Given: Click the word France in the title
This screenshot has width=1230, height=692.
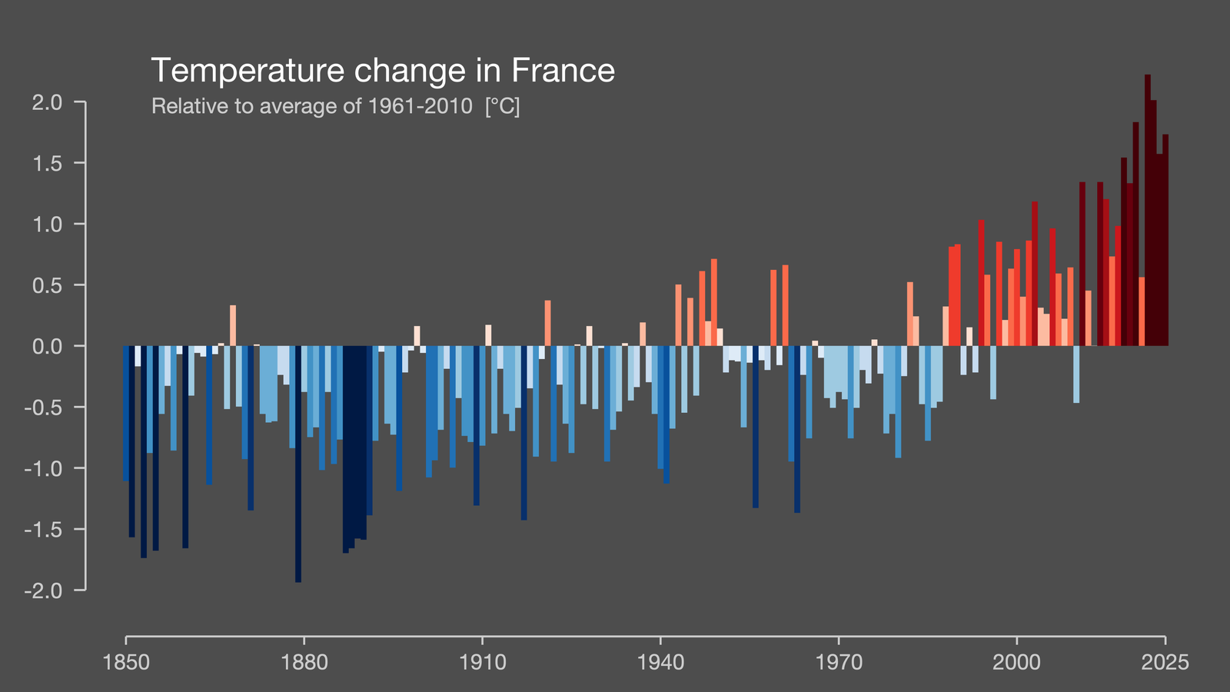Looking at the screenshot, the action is (x=563, y=70).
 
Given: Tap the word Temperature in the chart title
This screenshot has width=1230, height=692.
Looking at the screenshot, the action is (x=248, y=72).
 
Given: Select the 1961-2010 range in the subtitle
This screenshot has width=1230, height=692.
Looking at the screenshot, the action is (x=420, y=106).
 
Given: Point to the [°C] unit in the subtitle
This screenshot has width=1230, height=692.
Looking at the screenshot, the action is (x=503, y=106).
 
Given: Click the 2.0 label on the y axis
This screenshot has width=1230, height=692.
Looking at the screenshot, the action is (x=47, y=102).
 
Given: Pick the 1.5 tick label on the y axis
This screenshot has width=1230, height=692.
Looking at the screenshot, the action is (x=47, y=163).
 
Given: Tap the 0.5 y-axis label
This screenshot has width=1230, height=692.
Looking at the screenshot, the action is (x=47, y=285).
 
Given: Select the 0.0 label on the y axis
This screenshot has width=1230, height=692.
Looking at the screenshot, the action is (x=47, y=346).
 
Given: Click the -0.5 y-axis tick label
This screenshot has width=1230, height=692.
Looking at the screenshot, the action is (x=43, y=408).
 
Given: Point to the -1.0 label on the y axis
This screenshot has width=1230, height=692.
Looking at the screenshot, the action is (x=43, y=468).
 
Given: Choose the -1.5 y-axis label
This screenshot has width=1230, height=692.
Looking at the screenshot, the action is (x=43, y=530).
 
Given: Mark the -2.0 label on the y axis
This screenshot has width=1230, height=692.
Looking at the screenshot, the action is (x=43, y=591).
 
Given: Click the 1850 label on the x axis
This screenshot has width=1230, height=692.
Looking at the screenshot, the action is (x=126, y=662).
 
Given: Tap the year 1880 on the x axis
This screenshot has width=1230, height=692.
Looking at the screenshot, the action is (x=304, y=662).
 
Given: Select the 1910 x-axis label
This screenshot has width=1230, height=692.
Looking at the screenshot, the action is (x=482, y=662).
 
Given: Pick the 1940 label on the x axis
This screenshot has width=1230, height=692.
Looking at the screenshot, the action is (x=660, y=662).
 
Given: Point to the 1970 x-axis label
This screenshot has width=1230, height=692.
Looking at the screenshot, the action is (x=839, y=662).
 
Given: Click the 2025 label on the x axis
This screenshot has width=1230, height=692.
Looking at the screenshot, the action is (x=1165, y=662).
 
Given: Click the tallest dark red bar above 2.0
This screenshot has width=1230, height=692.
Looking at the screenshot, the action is (x=1148, y=210).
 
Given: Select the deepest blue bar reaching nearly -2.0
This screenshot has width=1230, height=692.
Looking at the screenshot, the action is (x=298, y=464).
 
